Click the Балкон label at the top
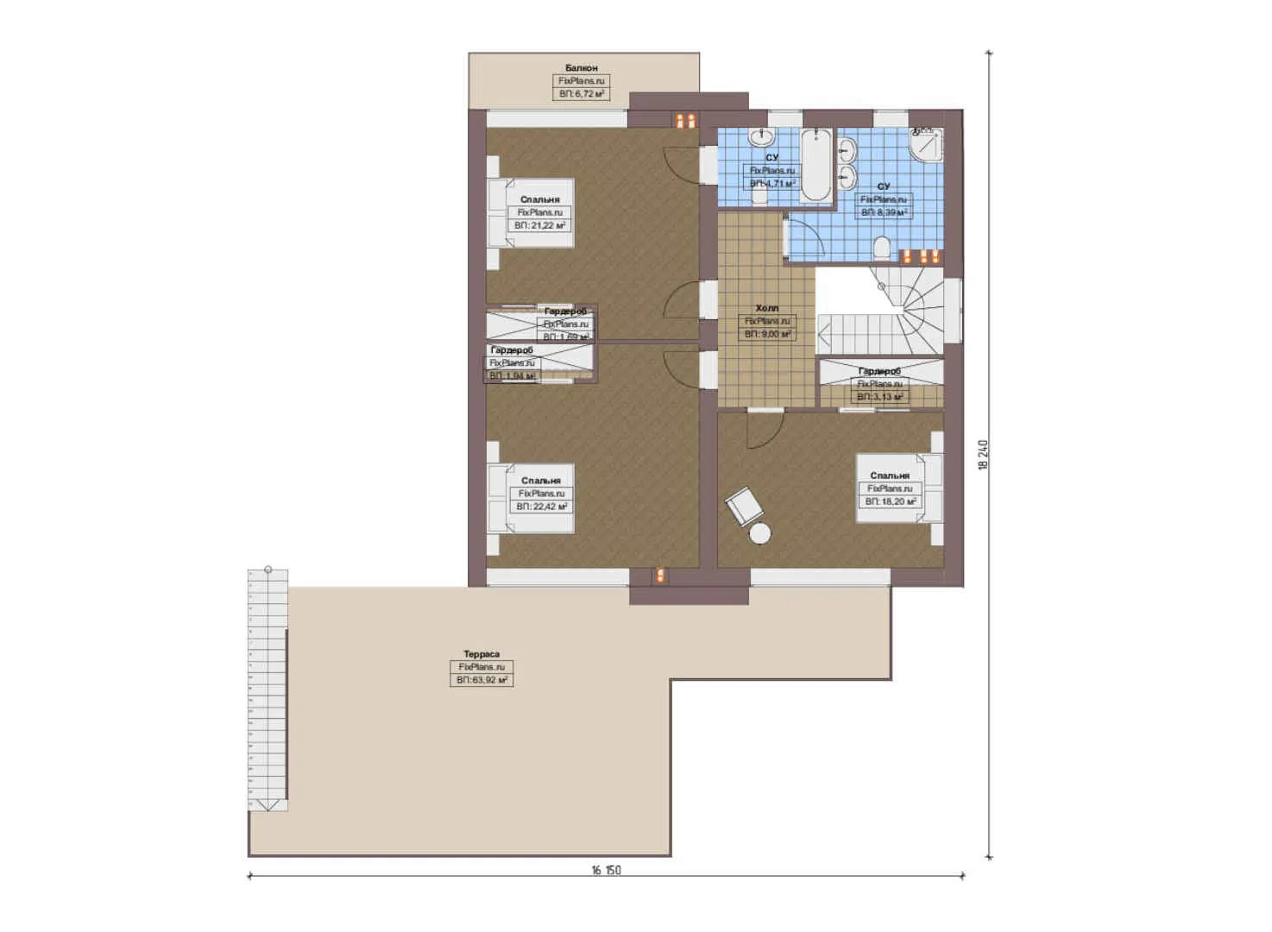(581, 67)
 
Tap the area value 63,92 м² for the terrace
(482, 680)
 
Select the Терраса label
(481, 654)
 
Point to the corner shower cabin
(927, 145)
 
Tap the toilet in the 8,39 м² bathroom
(881, 250)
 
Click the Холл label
(766, 308)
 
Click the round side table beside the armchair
(759, 535)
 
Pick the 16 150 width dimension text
(606, 870)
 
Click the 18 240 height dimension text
(983, 455)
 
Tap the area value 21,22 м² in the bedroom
(539, 225)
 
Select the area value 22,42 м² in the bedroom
(541, 507)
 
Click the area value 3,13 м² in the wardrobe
(879, 397)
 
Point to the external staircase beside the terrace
(268, 690)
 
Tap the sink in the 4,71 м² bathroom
(762, 137)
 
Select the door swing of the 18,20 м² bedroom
(764, 427)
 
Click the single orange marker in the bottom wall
(660, 576)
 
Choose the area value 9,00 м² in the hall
(767, 333)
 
